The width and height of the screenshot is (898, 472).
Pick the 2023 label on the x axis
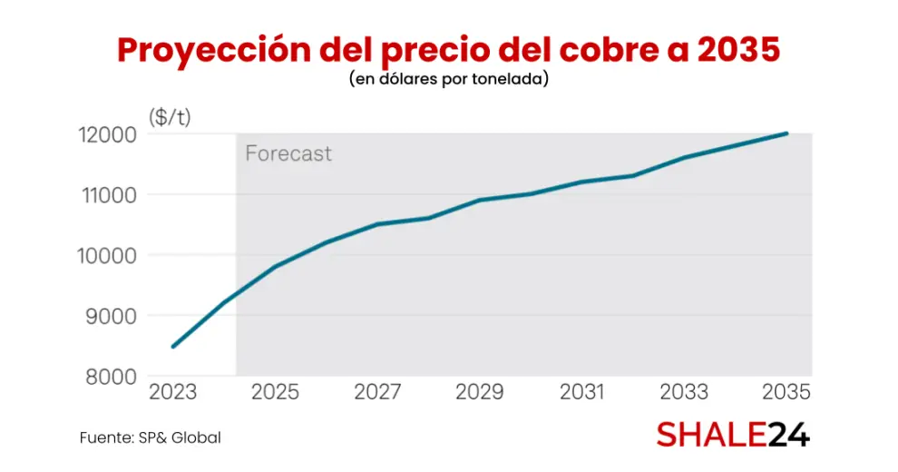(x=172, y=393)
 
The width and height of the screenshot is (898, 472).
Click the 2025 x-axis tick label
(x=275, y=393)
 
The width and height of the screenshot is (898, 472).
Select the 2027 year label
(x=377, y=393)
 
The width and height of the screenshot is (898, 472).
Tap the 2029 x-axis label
(x=480, y=393)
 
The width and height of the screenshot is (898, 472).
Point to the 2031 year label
(x=581, y=393)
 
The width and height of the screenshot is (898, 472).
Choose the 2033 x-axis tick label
(x=684, y=393)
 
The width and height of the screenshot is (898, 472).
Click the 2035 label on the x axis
(x=786, y=393)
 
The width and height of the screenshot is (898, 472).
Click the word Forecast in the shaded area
(x=288, y=153)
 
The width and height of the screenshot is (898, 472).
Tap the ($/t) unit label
(x=170, y=117)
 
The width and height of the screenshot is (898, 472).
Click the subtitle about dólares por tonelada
(x=449, y=80)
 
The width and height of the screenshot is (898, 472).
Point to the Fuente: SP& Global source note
(x=151, y=438)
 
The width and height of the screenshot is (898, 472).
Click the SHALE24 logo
(x=733, y=434)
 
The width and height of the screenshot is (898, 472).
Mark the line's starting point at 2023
(x=172, y=347)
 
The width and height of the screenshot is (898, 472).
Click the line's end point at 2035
(x=786, y=133)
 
